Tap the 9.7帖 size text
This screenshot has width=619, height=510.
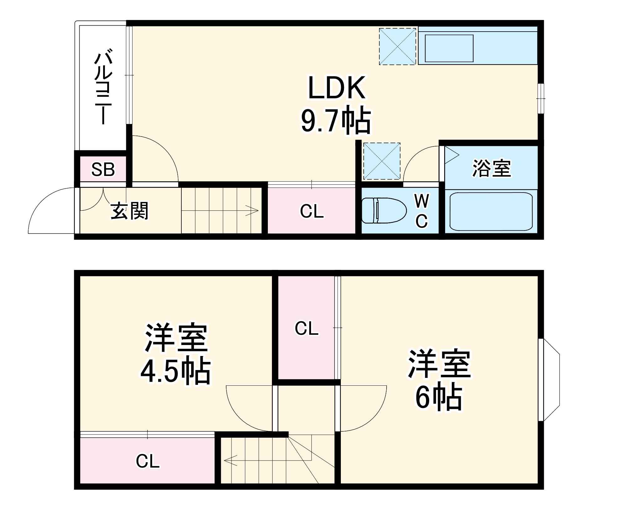click(336, 121)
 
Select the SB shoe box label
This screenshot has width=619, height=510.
click(103, 169)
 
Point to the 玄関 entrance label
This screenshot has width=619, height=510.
click(130, 211)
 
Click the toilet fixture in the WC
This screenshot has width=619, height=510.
click(383, 210)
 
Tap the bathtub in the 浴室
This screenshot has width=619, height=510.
click(491, 211)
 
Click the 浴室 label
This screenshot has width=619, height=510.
click(492, 168)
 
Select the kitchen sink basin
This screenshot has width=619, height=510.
click(449, 48)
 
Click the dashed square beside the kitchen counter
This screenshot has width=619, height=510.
click(398, 47)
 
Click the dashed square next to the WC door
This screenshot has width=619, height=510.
click(382, 161)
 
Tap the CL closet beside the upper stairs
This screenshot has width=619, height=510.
click(311, 211)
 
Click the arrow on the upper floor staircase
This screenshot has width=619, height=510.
click(251, 210)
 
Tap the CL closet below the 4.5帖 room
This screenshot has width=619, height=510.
click(148, 461)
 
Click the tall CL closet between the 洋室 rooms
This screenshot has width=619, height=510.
click(306, 328)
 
